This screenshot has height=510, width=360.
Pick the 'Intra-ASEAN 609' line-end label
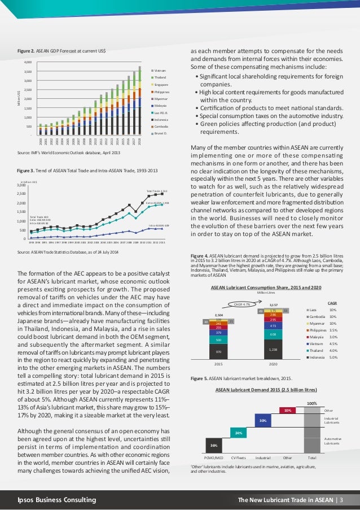(x=159, y=225)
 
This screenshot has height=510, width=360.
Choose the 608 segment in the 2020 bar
(x=273, y=334)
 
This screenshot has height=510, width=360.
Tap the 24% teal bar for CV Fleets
(x=240, y=433)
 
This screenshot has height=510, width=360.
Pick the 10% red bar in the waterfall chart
(x=287, y=410)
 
